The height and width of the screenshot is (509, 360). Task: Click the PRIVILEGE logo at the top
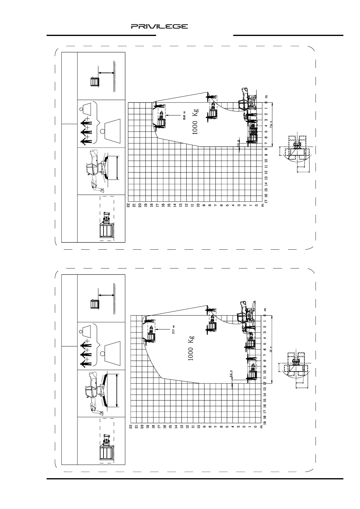pos(159,27)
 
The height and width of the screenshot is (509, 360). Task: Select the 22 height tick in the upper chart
pos(128,205)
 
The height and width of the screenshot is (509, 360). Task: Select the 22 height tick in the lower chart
pos(131,426)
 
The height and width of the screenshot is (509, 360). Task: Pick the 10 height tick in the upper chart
pos(198,205)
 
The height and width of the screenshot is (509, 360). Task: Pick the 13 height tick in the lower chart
pos(182,426)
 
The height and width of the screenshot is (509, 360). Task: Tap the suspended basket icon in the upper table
pos(95,82)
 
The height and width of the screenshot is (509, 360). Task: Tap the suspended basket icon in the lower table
pos(95,304)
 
